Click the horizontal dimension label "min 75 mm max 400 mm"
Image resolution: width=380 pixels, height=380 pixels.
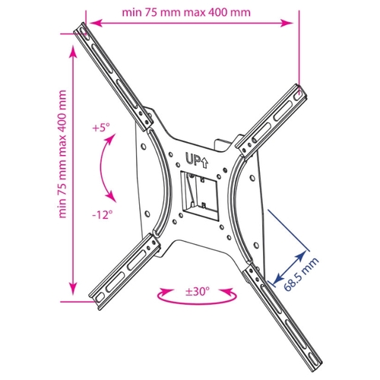pyautogui.click(x=186, y=12)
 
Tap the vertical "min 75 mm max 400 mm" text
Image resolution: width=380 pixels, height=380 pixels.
pyautogui.click(x=62, y=154)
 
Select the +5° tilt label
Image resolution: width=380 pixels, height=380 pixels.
pyautogui.click(x=101, y=128)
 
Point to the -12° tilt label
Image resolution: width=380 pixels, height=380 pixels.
pyautogui.click(x=103, y=215)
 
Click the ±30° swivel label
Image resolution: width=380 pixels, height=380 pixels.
pyautogui.click(x=198, y=291)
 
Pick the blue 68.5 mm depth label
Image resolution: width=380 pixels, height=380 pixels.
pyautogui.click(x=301, y=274)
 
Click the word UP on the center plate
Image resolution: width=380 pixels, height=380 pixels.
pyautogui.click(x=192, y=159)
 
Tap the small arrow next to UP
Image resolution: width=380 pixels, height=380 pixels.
pyautogui.click(x=204, y=163)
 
